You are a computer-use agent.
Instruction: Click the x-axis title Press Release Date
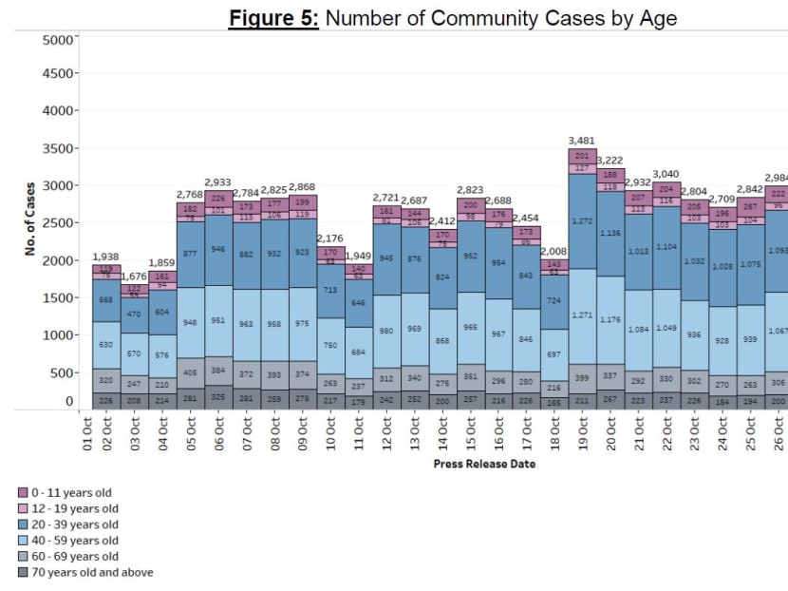tap(484, 464)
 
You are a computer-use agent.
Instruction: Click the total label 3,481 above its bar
tap(580, 141)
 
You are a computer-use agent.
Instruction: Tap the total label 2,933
tap(217, 181)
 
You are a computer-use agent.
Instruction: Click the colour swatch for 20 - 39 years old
tap(23, 524)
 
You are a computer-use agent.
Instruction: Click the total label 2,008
tap(553, 251)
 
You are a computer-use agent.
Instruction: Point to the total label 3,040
tap(665, 174)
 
